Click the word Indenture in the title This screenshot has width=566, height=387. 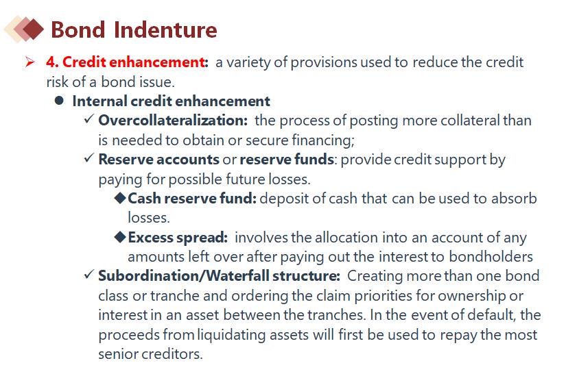pyautogui.click(x=165, y=29)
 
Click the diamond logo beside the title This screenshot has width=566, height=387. pyautogui.click(x=24, y=29)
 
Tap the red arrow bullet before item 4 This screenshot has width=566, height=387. pyautogui.click(x=30, y=62)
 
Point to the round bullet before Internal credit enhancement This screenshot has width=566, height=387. pyautogui.click(x=59, y=101)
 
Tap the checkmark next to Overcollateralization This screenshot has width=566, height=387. pyautogui.click(x=89, y=119)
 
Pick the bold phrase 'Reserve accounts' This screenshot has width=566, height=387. pyautogui.click(x=158, y=160)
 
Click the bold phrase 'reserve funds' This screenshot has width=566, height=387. pyautogui.click(x=287, y=160)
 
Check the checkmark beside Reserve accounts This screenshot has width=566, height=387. pyautogui.click(x=89, y=158)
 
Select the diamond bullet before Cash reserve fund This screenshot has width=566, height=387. pyautogui.click(x=120, y=198)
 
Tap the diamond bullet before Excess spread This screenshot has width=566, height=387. pyautogui.click(x=120, y=237)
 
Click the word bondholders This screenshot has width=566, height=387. pyautogui.click(x=491, y=257)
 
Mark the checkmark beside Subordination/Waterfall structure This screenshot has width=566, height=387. pyautogui.click(x=89, y=275)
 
